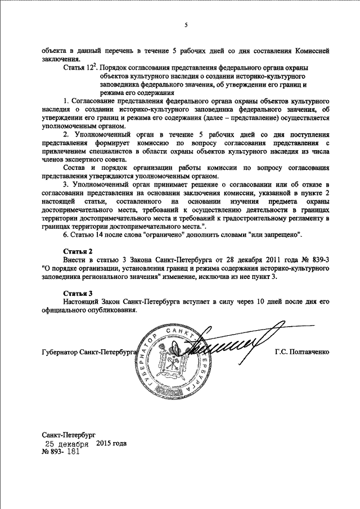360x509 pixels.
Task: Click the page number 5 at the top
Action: pos(186,25)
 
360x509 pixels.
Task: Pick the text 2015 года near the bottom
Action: pos(111,443)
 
